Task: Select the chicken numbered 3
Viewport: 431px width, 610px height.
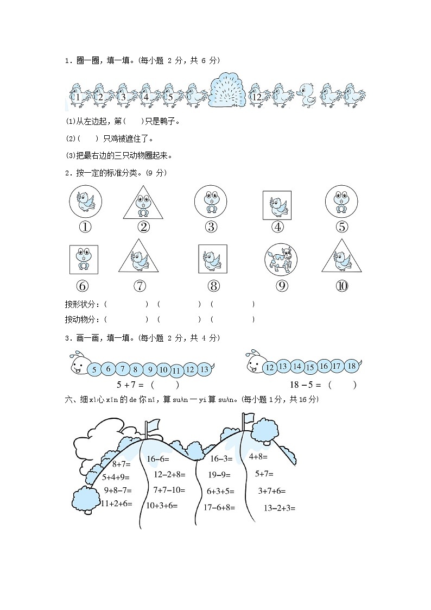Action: click(x=124, y=96)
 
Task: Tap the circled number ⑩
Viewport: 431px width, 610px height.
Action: click(x=342, y=286)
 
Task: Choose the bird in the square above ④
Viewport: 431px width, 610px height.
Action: click(x=277, y=205)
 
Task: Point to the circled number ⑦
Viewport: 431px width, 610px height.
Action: click(x=140, y=286)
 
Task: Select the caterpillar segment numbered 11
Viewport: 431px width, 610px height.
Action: click(x=176, y=372)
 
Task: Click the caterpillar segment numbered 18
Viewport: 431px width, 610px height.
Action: click(x=351, y=366)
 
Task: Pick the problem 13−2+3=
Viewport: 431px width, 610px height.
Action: click(x=279, y=508)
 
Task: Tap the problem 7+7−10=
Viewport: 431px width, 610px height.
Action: click(x=169, y=490)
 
